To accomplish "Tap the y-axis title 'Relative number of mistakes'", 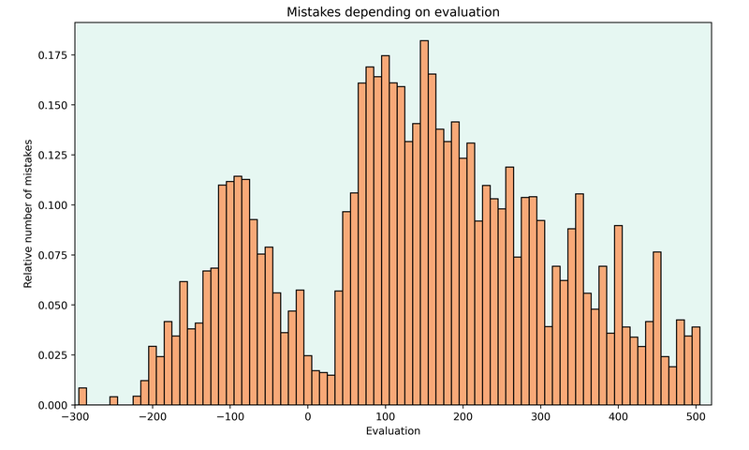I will click(28, 214).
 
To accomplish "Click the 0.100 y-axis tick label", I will click(53, 205).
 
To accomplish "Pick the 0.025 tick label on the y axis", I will click(53, 355).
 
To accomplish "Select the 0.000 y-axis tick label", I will click(53, 405).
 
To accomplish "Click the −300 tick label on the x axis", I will click(75, 417).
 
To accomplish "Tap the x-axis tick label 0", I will click(308, 417).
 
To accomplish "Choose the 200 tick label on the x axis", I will click(463, 417).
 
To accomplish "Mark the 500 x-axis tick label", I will click(696, 417).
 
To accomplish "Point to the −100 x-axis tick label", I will click(230, 417).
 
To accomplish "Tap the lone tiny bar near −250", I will click(113, 401).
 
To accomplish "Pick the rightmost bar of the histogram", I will click(696, 366).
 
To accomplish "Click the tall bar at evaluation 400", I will click(618, 315).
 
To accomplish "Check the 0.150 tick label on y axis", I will click(53, 105).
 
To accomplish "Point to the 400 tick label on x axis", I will click(618, 417).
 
